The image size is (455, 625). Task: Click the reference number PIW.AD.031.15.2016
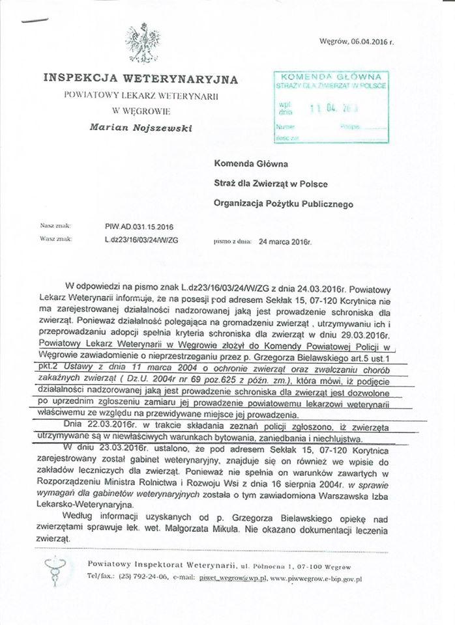pyautogui.click(x=139, y=227)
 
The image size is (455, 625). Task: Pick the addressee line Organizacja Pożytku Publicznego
pyautogui.click(x=283, y=204)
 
